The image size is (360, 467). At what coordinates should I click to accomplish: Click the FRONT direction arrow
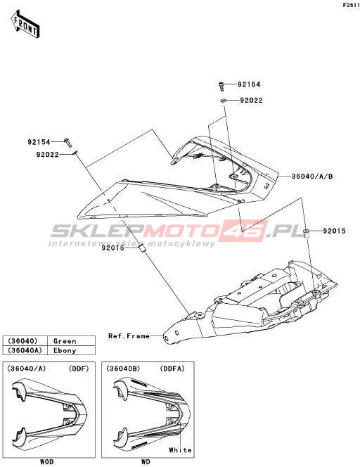[25, 24]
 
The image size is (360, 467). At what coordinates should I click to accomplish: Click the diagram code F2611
[352, 6]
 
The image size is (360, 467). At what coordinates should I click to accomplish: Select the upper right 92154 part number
[249, 84]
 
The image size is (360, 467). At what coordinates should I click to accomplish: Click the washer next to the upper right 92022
[223, 100]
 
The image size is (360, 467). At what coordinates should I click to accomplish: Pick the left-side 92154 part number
[39, 142]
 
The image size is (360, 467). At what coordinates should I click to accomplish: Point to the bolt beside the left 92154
[67, 142]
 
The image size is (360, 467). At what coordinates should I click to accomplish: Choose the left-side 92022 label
[48, 155]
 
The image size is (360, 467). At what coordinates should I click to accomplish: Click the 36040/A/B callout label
[311, 177]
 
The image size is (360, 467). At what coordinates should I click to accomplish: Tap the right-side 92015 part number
[335, 231]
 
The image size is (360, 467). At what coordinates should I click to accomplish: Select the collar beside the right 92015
[306, 233]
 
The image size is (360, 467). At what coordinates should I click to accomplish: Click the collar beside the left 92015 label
[142, 249]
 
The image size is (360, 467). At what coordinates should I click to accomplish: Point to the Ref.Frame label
[129, 336]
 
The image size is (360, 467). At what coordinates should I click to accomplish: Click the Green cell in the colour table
[65, 341]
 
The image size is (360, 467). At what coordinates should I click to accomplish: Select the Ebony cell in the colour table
[65, 350]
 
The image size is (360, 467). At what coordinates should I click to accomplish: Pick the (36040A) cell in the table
[25, 350]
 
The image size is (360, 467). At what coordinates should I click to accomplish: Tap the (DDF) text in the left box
[79, 369]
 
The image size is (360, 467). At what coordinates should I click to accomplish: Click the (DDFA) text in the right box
[172, 369]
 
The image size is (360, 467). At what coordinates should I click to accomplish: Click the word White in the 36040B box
[180, 450]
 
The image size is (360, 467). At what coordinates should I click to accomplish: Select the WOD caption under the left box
[46, 462]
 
